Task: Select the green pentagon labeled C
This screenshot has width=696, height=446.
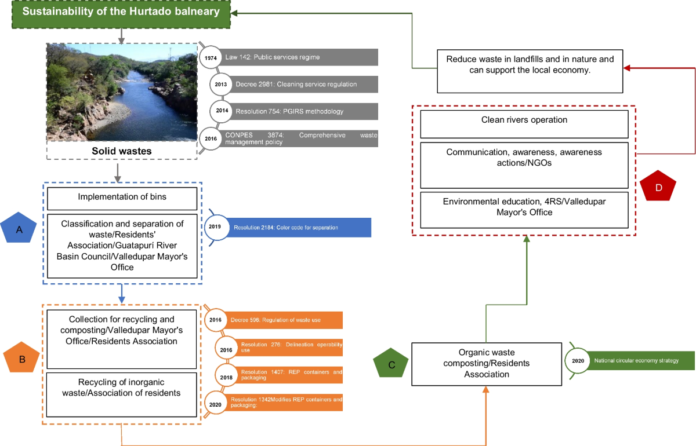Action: click(x=391, y=364)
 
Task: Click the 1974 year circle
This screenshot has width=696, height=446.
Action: click(x=211, y=57)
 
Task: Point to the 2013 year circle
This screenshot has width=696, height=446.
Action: click(x=221, y=84)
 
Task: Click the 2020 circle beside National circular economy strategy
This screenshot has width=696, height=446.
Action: click(x=577, y=360)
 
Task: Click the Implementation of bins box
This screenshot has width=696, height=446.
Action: click(x=122, y=197)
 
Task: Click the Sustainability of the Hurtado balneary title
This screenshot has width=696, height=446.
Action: click(x=121, y=12)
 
